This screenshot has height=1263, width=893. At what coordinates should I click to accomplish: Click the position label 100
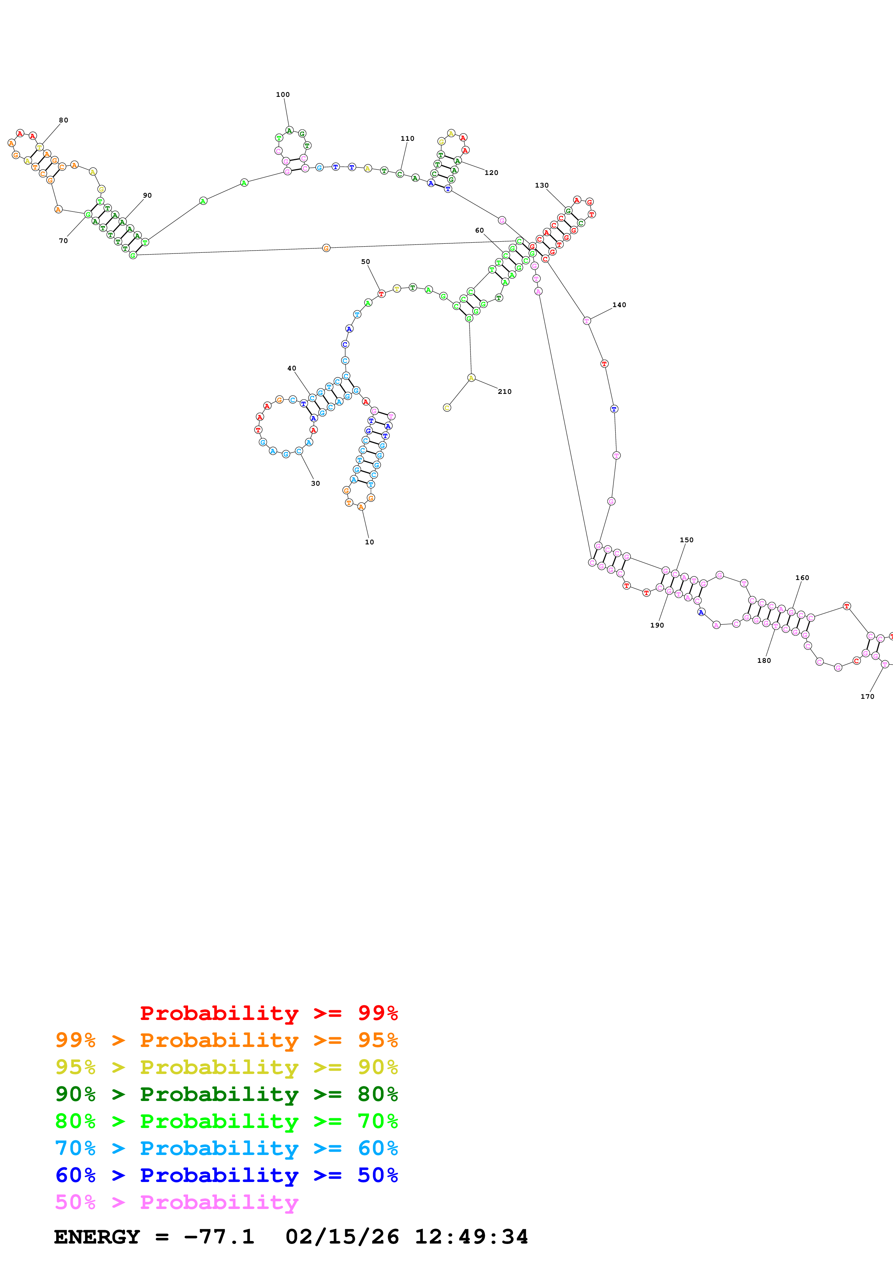click(x=283, y=95)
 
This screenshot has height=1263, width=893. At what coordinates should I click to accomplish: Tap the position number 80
click(x=64, y=120)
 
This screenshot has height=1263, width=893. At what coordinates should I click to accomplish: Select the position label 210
click(x=505, y=392)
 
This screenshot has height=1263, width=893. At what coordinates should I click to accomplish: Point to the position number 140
click(x=619, y=305)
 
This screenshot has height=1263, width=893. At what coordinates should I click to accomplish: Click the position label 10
click(x=369, y=542)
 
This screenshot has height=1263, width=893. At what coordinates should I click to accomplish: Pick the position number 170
click(x=867, y=696)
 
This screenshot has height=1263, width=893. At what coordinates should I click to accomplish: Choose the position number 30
click(x=315, y=484)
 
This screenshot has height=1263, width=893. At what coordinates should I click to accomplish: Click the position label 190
click(x=657, y=625)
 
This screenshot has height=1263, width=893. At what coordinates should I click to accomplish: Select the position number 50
click(x=365, y=262)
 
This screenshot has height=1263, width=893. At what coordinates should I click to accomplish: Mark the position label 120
click(x=491, y=173)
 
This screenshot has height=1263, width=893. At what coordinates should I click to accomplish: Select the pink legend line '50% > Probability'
click(x=177, y=1202)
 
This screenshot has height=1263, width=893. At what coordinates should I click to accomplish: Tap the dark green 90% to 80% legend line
click(x=226, y=1094)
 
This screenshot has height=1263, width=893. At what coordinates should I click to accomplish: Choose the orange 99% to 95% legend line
click(x=226, y=1040)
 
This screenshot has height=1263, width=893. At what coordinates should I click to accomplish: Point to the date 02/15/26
click(x=342, y=1237)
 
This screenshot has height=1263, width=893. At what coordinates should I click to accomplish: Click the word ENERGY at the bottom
click(x=97, y=1237)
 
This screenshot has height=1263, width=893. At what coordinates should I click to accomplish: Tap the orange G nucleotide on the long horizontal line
click(x=326, y=248)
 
